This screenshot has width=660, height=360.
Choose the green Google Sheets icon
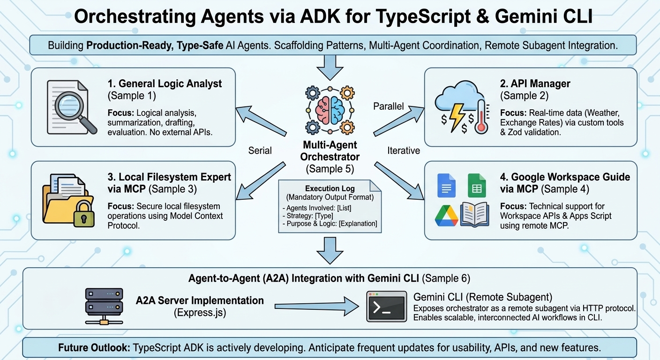click(x=477, y=186)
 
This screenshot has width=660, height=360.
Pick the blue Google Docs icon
click(x=446, y=186)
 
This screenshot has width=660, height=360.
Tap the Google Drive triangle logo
click(x=446, y=215)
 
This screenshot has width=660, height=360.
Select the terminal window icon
click(x=386, y=307)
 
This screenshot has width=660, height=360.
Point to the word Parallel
click(x=388, y=106)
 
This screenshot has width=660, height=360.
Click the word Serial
click(x=260, y=150)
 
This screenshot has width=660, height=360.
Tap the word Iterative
click(x=404, y=150)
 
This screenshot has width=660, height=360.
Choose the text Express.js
click(x=200, y=312)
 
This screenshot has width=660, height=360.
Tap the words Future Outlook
click(x=94, y=348)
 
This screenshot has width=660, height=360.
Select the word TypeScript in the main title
click(x=393, y=17)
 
